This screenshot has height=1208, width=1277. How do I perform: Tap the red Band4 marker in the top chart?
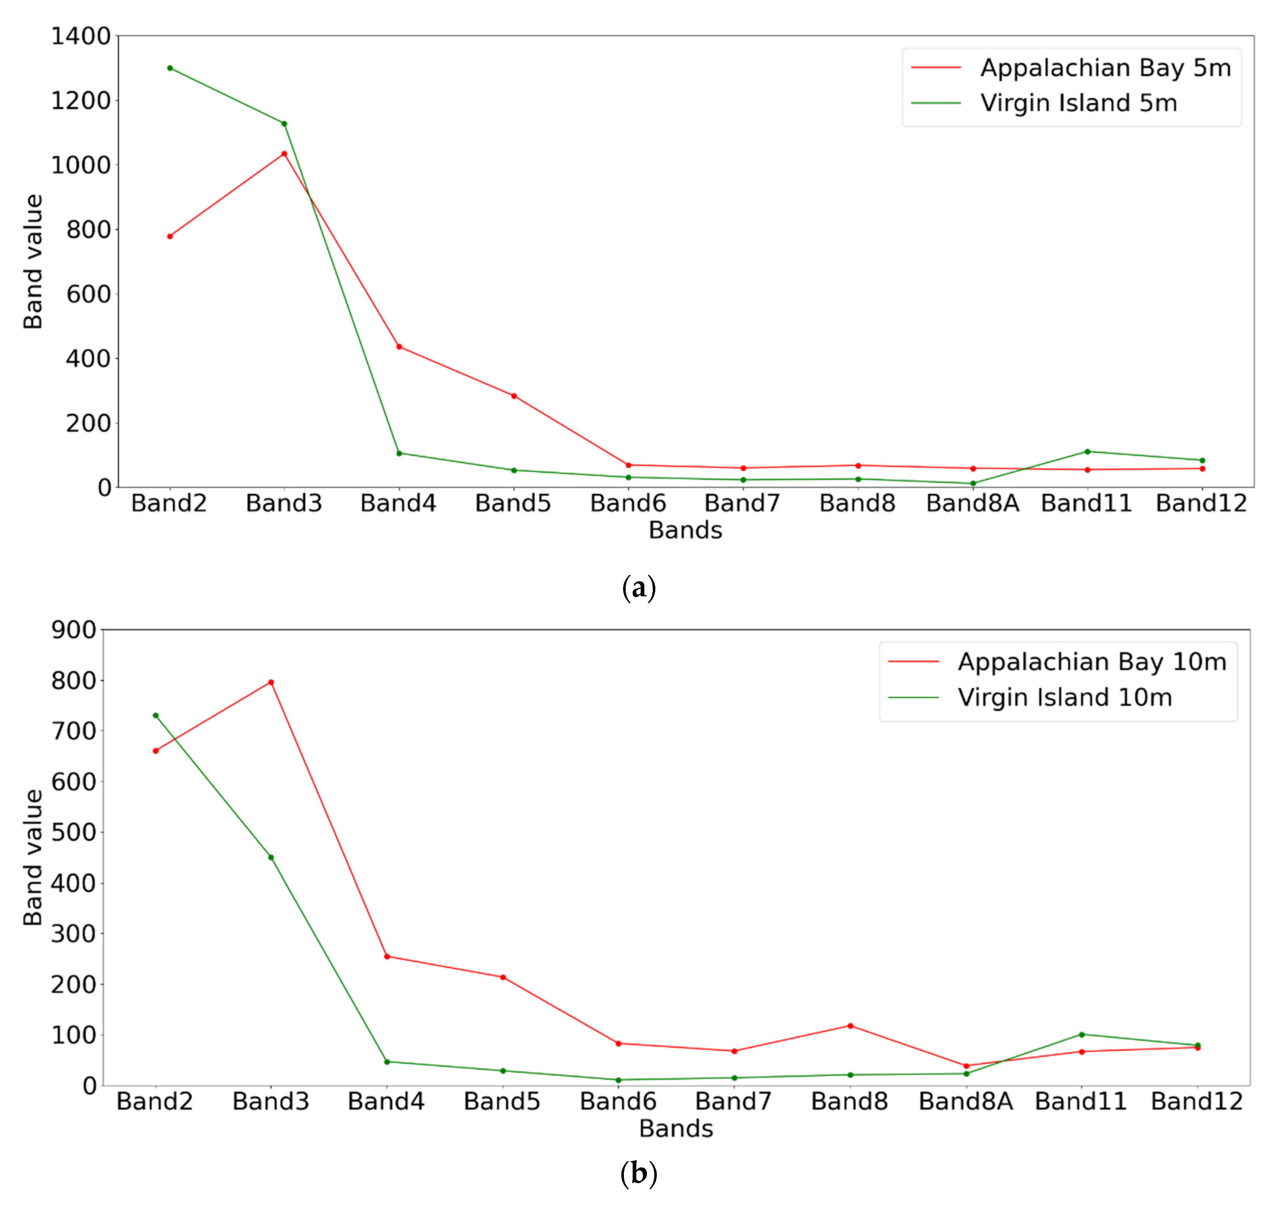point(399,347)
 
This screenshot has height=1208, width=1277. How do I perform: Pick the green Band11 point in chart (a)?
point(1087,452)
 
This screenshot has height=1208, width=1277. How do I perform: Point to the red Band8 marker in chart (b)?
point(850,1026)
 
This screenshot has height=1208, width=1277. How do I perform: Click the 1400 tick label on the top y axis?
point(81,36)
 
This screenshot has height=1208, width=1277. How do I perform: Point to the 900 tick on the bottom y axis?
point(74,630)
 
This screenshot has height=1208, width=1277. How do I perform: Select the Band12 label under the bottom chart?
point(1197,1102)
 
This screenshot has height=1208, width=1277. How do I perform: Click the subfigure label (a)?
point(638,588)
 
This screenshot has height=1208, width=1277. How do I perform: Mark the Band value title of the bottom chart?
point(32,858)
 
